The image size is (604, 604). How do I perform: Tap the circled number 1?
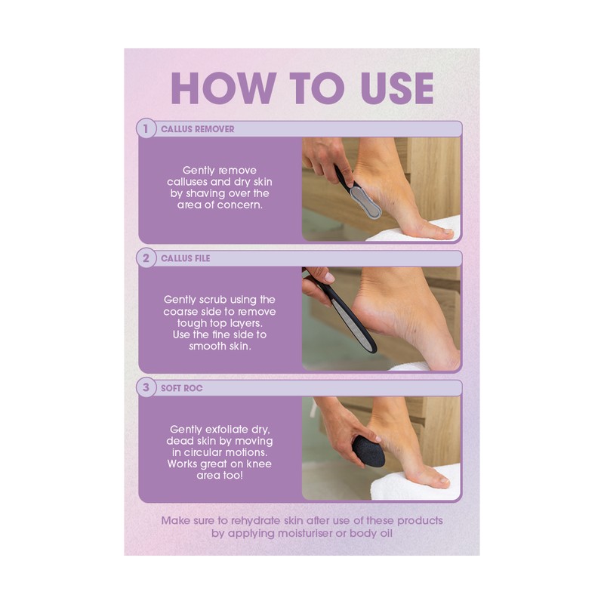click(146, 128)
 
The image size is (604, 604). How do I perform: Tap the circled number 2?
click(146, 258)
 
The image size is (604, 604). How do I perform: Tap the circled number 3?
click(146, 388)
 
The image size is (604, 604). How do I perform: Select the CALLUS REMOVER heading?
click(198, 129)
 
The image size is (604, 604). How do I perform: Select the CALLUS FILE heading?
click(186, 258)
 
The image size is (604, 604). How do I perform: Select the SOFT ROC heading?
click(182, 388)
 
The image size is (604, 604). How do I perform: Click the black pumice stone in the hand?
click(369, 451)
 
